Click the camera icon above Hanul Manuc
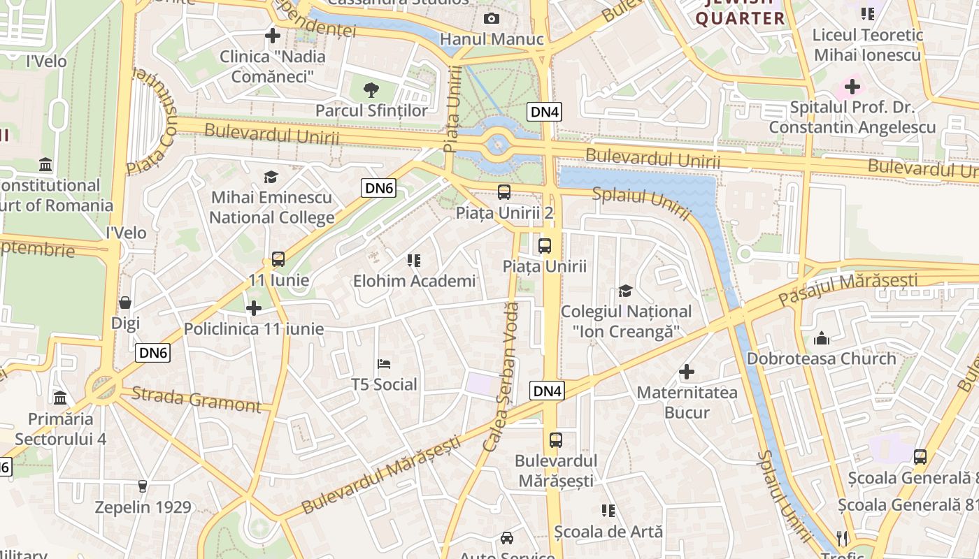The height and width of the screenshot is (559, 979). pos(492,18)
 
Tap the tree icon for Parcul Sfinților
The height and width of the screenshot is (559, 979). pos(371,89)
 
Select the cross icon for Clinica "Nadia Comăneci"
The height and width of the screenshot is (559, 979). pos(273,35)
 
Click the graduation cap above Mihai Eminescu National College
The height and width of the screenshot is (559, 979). pos(271,177)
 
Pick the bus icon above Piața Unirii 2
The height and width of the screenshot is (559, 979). pos(503,192)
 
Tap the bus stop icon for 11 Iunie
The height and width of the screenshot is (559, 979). pos(278,259)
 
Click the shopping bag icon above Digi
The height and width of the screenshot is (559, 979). pos(125,303)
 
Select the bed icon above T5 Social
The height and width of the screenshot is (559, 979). pos(384,364)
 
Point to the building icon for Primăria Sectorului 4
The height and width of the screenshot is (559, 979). pos(61,398)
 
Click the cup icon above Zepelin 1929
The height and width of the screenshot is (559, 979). pos(143,486)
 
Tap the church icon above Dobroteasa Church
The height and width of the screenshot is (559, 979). pos(822,338)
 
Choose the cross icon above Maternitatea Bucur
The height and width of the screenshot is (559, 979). pos(687,372)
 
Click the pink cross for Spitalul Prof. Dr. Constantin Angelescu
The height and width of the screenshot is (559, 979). pos(852,87)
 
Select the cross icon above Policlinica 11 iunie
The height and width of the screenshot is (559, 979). pos(254,307)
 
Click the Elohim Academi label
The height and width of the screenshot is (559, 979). pos(414,281)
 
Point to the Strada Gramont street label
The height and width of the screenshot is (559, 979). pos(196,399)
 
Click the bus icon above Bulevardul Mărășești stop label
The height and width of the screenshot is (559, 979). pos(556,440)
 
